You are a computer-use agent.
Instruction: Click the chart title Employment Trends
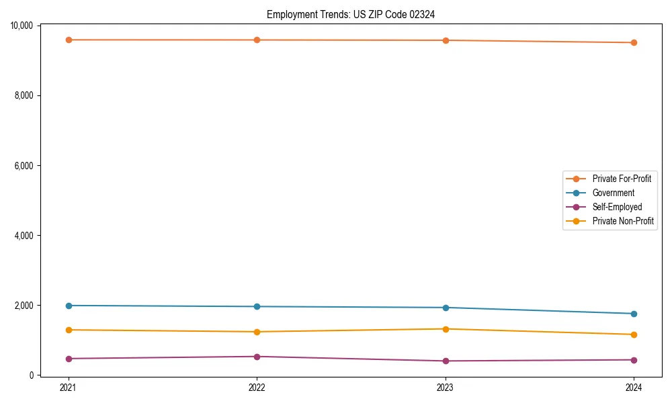(350, 14)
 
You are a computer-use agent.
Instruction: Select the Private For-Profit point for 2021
(68, 40)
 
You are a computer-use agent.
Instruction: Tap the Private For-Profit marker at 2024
(634, 42)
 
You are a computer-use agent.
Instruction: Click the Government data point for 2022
(257, 306)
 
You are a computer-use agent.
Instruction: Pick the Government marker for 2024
(634, 314)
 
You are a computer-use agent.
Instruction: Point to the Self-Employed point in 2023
(446, 361)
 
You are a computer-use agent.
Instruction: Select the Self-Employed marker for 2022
(257, 357)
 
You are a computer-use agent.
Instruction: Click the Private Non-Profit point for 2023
(446, 329)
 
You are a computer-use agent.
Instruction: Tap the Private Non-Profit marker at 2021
(68, 330)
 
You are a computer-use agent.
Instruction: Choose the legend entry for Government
(613, 193)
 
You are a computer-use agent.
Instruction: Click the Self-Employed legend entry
(617, 207)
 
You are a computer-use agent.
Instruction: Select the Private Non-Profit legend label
(623, 221)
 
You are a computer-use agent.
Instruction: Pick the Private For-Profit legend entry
(622, 179)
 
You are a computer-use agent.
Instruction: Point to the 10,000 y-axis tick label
(22, 26)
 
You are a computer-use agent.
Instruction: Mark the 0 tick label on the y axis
(32, 375)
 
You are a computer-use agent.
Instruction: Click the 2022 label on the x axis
(257, 387)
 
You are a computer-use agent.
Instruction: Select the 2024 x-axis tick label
(634, 387)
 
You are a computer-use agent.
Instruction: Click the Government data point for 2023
(446, 308)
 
